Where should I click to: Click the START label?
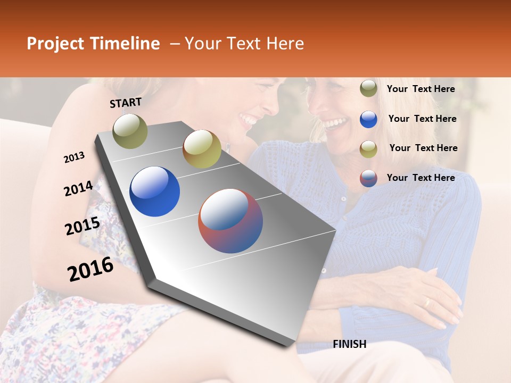(126, 103)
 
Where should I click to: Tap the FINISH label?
(349, 344)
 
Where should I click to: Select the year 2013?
(74, 157)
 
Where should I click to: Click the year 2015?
(82, 226)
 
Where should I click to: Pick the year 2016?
(90, 269)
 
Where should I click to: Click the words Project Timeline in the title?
(93, 44)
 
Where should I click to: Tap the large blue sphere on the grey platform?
(154, 191)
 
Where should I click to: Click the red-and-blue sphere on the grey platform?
(230, 221)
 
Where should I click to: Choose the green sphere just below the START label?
(130, 131)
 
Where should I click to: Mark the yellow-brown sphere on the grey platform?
(202, 149)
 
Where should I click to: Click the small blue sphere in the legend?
(368, 119)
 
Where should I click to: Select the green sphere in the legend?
(368, 89)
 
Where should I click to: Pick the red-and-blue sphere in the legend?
(368, 178)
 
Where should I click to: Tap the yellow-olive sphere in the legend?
(368, 148)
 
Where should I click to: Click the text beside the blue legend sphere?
(422, 119)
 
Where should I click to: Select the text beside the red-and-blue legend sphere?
(421, 178)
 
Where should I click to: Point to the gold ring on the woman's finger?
(426, 302)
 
